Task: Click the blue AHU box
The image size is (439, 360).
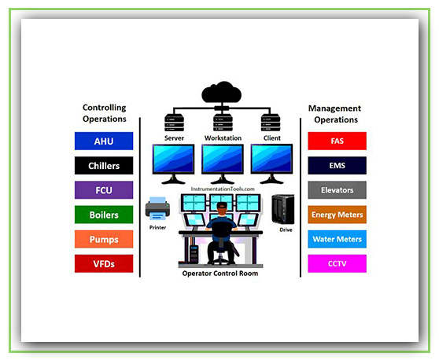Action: (104, 141)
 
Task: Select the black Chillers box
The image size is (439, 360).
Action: (104, 166)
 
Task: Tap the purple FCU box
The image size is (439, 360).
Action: (104, 190)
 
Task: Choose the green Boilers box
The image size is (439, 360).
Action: (104, 215)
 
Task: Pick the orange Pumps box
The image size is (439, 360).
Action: (104, 239)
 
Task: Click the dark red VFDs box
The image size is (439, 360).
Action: (104, 263)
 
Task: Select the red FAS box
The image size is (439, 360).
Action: (337, 141)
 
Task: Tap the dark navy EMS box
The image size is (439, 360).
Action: (337, 166)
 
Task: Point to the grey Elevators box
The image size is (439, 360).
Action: (337, 190)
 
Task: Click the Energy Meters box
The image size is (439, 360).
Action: (337, 215)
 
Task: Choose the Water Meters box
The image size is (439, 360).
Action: (337, 239)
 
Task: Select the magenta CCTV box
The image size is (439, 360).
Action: (337, 263)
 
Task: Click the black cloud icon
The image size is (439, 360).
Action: (222, 92)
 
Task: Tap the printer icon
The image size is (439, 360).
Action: (157, 208)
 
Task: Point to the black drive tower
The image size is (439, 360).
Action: (283, 209)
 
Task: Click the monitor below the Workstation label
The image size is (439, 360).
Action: (223, 164)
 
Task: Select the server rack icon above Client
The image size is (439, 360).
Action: (271, 123)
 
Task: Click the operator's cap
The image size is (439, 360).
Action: (222, 205)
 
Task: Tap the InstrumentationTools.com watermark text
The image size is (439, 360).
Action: (223, 189)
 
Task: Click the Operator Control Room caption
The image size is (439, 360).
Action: (220, 274)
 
